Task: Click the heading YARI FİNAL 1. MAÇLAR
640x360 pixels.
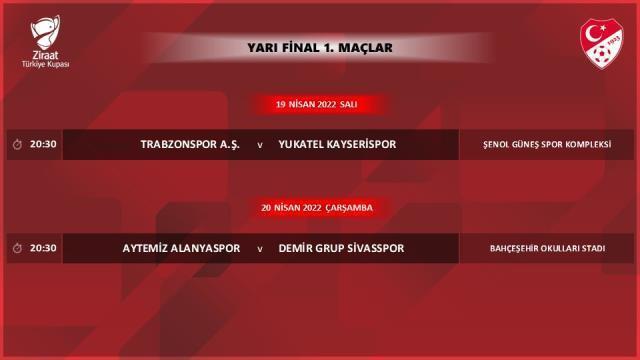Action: point(319,46)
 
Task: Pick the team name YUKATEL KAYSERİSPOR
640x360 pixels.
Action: point(338,144)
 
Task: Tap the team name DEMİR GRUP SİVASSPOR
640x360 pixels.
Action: point(342,248)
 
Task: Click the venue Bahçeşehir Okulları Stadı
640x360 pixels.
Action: point(546,248)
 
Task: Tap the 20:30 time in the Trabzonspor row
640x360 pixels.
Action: point(44,144)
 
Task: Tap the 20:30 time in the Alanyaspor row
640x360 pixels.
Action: point(44,248)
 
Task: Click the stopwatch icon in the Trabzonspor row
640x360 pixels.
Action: point(17,144)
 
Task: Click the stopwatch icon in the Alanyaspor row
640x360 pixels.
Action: point(17,248)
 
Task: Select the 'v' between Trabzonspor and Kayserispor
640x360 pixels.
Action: point(260,145)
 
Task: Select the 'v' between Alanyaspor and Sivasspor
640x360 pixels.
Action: point(260,249)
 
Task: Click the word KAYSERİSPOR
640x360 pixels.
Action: point(361,144)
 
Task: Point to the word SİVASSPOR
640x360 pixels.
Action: point(371,248)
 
